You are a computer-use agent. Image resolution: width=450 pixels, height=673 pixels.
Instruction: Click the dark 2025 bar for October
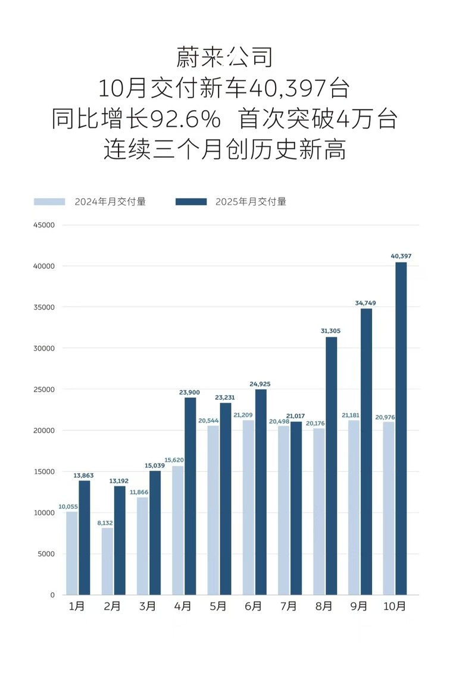pyautogui.click(x=401, y=428)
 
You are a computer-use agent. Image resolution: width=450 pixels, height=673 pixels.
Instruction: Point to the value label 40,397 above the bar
pyautogui.click(x=401, y=256)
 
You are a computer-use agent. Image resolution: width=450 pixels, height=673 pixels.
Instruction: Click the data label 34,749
pyautogui.click(x=365, y=303)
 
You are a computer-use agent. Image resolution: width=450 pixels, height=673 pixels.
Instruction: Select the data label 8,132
pyautogui.click(x=106, y=522)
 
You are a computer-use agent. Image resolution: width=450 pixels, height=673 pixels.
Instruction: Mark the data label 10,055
pyautogui.click(x=70, y=506)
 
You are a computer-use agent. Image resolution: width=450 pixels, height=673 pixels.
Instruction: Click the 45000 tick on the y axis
pyautogui.click(x=43, y=225)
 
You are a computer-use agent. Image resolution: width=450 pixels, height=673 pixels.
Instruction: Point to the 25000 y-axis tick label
pyautogui.click(x=43, y=389)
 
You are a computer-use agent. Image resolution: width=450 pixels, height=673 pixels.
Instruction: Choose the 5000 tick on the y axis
pyautogui.click(x=45, y=553)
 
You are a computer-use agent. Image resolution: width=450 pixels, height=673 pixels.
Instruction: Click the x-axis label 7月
pyautogui.click(x=289, y=606)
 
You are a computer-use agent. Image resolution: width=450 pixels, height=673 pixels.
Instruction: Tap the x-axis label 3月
pyautogui.click(x=148, y=606)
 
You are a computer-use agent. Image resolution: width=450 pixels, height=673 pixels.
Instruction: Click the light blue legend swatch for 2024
pyautogui.click(x=49, y=202)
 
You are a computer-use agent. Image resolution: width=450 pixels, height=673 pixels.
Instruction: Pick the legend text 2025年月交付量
pyautogui.click(x=251, y=202)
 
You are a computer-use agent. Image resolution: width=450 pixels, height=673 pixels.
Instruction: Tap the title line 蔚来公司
pyautogui.click(x=224, y=58)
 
